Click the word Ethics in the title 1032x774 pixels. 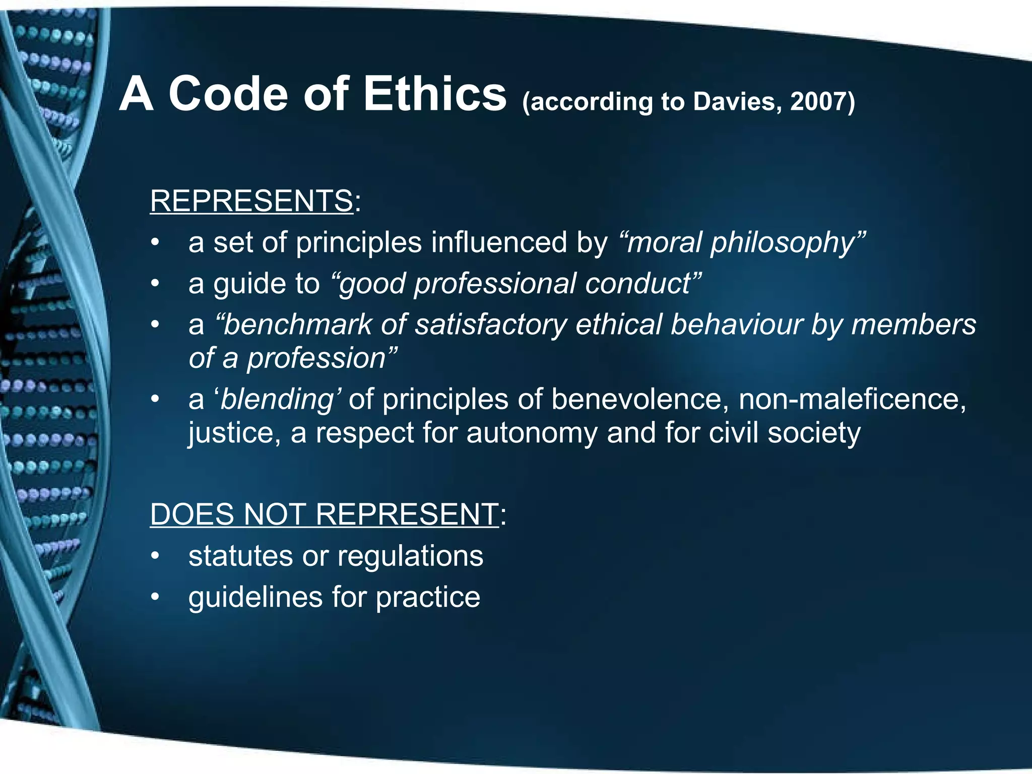(434, 94)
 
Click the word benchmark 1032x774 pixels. (298, 325)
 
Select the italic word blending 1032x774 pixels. (278, 400)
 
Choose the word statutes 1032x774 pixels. (240, 556)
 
